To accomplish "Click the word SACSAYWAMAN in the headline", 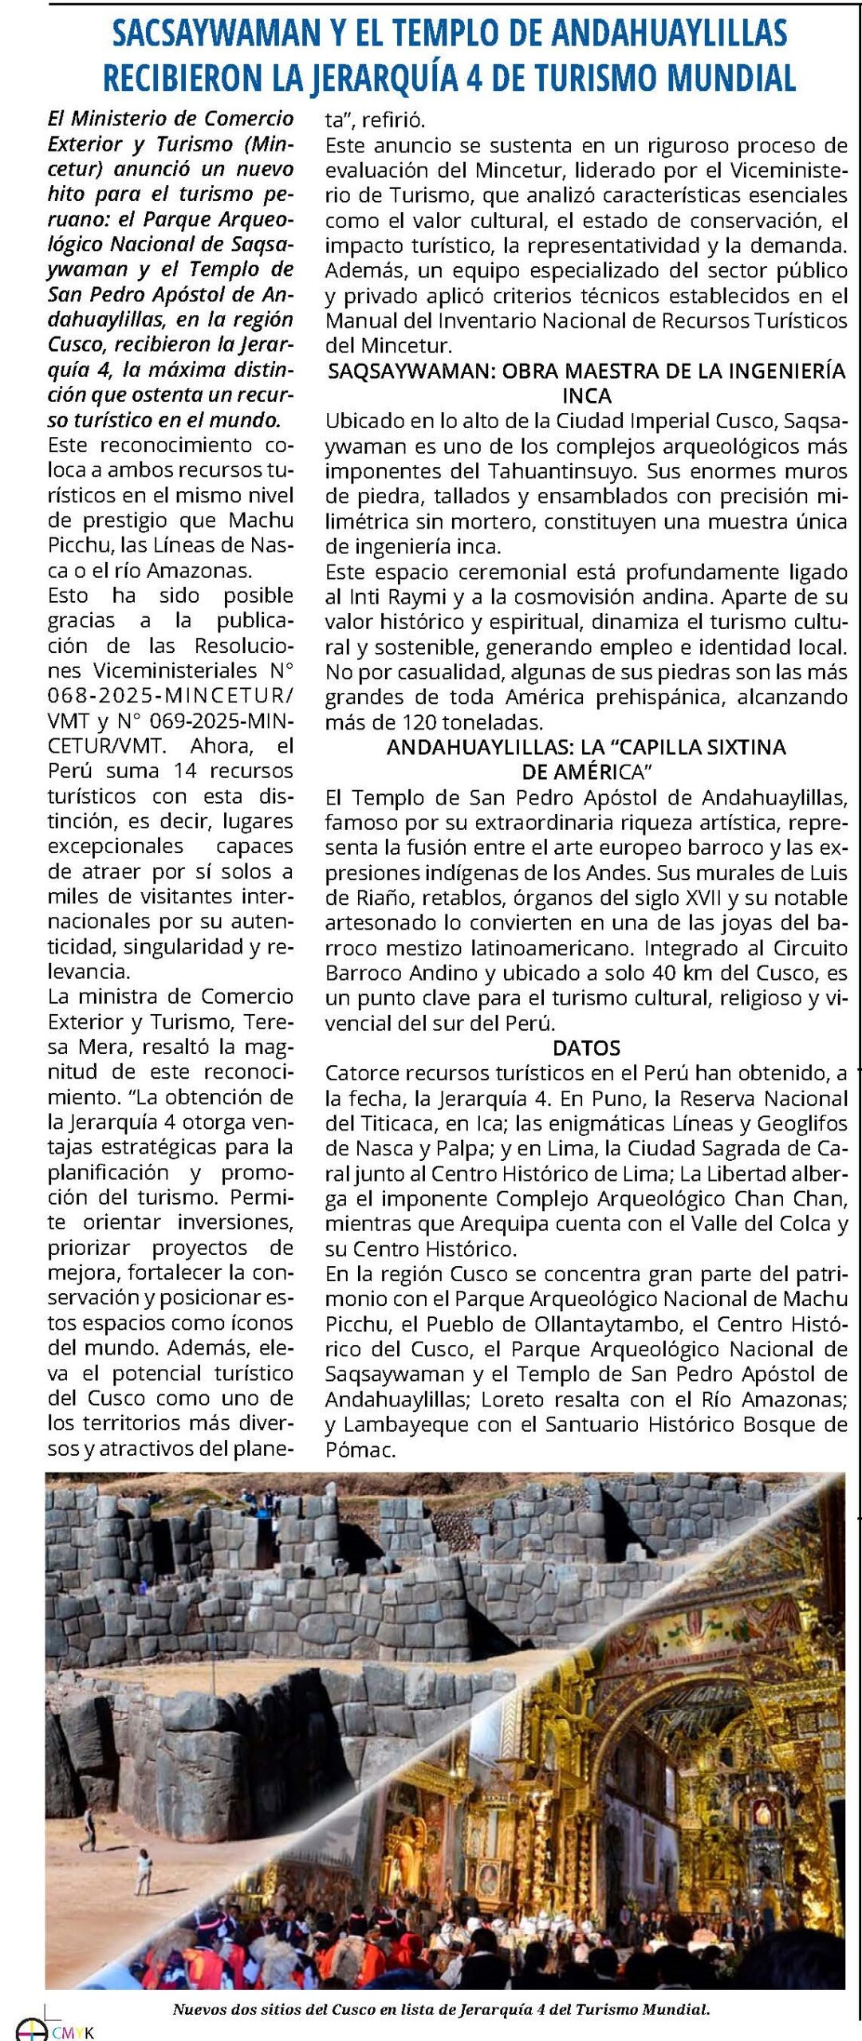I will [215, 33].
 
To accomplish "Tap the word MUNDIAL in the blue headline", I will [730, 78].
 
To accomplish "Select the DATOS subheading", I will [586, 1048].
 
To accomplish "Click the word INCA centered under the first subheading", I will [587, 395].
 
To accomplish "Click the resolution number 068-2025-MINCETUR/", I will [170, 695].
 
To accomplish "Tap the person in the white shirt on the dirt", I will [144, 1873].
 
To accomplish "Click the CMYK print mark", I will [72, 2032].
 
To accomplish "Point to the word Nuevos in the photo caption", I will [197, 2010].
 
